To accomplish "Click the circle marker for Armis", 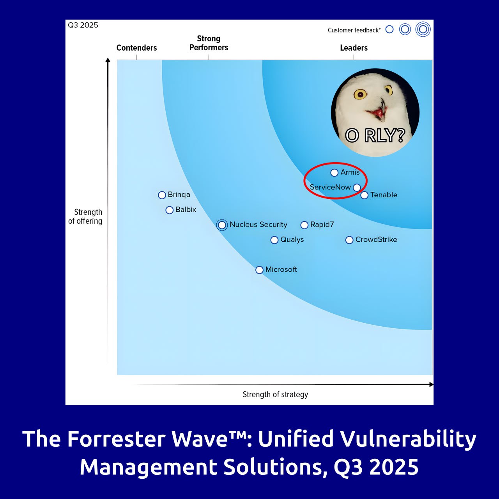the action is tap(334, 173).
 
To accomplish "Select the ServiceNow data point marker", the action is tap(357, 188).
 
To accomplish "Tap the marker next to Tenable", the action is tap(365, 195).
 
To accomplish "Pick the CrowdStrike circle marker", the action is tap(349, 240).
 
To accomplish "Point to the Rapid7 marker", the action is tap(304, 225).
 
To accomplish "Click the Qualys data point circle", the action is tap(274, 240).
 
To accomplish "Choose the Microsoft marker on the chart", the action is tap(259, 270).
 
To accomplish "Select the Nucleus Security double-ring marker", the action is tap(222, 225).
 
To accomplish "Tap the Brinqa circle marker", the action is tap(162, 195).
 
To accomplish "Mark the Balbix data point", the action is tap(169, 210).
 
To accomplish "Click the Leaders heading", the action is tap(354, 48).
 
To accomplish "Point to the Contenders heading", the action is tap(136, 48).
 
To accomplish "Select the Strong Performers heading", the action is tap(209, 43).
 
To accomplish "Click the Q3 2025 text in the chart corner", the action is tap(83, 25).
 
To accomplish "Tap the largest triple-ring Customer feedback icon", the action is tap(423, 29).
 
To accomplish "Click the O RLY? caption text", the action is tap(375, 135).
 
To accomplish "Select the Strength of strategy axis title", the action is tap(275, 395).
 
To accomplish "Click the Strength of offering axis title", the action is tap(85, 216).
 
